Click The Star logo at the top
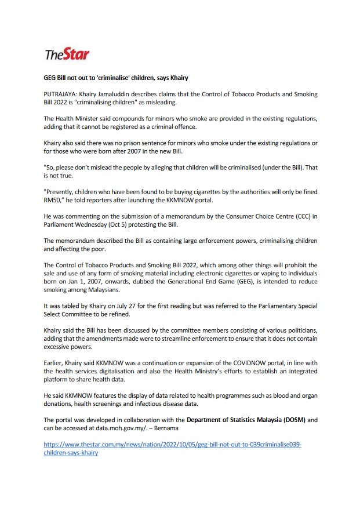(x=67, y=55)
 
